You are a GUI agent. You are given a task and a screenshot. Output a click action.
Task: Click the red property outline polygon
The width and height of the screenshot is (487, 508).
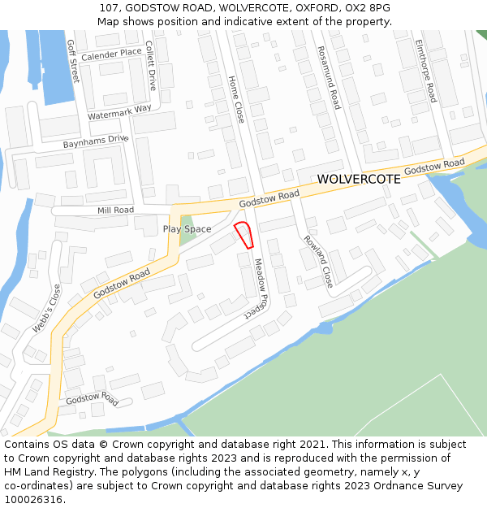point(243,234)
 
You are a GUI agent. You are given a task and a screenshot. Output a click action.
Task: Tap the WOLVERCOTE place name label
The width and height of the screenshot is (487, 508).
point(358,179)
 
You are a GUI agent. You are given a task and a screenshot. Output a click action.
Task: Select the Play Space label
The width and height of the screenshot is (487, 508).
point(187,229)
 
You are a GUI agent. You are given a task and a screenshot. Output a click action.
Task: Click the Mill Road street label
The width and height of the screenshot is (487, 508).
point(115,210)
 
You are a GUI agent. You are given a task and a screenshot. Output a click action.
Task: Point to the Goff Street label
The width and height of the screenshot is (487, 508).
point(73,61)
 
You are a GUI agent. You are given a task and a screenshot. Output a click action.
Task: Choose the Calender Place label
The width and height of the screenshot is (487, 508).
point(111,54)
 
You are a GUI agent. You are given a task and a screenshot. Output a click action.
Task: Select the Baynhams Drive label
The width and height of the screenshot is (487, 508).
point(96,141)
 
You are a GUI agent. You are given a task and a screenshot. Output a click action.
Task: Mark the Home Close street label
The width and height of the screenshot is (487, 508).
point(236,100)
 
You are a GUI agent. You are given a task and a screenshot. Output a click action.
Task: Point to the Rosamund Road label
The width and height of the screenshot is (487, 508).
point(330,76)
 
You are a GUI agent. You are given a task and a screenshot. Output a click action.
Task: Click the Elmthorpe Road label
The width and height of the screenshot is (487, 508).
point(425,71)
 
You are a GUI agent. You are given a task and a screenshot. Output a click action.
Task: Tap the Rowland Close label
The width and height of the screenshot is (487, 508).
point(318,261)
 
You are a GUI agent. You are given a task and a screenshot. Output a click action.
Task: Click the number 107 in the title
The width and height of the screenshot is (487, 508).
point(110,7)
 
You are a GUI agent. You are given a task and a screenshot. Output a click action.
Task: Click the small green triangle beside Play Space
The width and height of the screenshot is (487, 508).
point(187,224)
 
